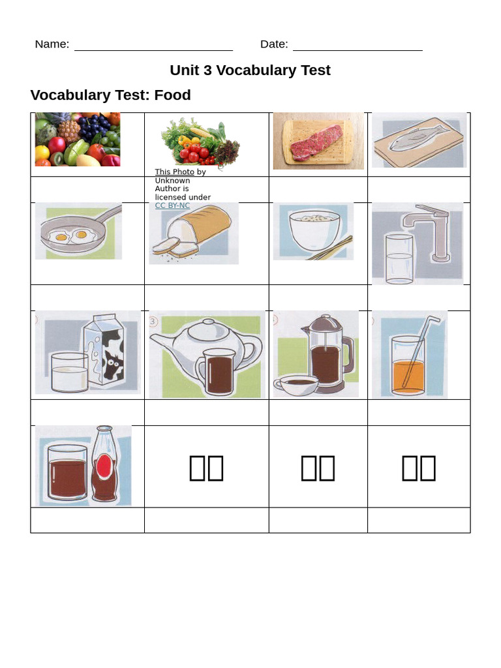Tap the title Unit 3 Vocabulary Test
point(250,70)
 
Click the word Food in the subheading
point(173,95)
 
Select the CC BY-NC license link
point(172,205)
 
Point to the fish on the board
point(416,139)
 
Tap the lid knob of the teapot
point(207,322)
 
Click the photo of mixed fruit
point(78,140)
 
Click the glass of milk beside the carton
point(69,373)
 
